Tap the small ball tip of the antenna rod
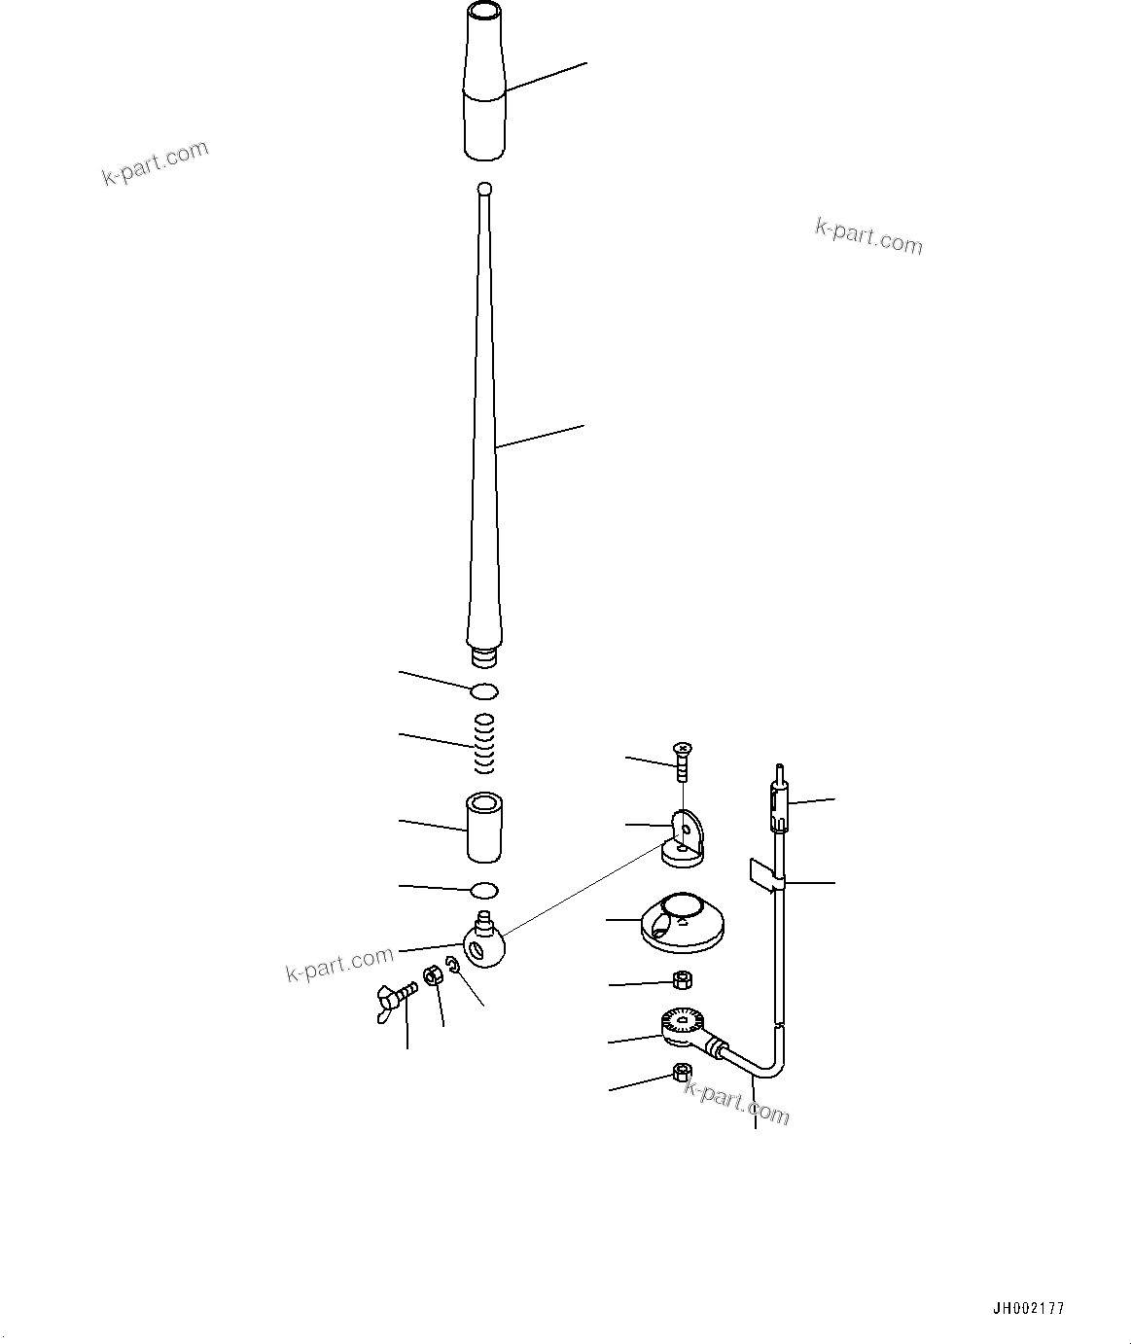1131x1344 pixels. pos(485,188)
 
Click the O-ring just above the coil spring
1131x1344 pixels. pos(484,691)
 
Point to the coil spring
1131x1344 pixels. pos(484,743)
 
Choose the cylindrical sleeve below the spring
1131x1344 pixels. pos(484,828)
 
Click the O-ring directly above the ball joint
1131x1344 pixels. pos(484,890)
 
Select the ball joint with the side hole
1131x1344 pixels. pos(483,943)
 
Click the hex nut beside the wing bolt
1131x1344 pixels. pos(435,977)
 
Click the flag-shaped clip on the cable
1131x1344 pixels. pos(764,872)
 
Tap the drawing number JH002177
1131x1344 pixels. pos(1028,1308)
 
